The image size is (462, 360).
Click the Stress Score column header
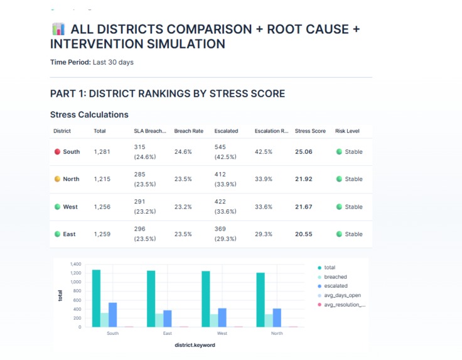[x=310, y=131]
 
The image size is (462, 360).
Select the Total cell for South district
[x=102, y=152]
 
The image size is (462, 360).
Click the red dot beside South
[x=57, y=152]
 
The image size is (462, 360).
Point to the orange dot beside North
[x=57, y=179]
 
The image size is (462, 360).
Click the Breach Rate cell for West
[x=183, y=207]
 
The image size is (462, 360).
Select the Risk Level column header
[x=347, y=131]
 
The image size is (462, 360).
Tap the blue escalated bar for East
[x=168, y=319]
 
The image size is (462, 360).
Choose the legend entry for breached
[x=335, y=276]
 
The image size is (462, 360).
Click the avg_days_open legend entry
[x=342, y=295]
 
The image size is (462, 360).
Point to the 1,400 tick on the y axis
[x=75, y=264]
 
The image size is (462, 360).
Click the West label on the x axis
[x=222, y=334]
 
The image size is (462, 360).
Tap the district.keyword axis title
[x=195, y=345]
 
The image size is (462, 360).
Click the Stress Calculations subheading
[x=89, y=115]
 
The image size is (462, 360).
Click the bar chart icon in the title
[x=58, y=30]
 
